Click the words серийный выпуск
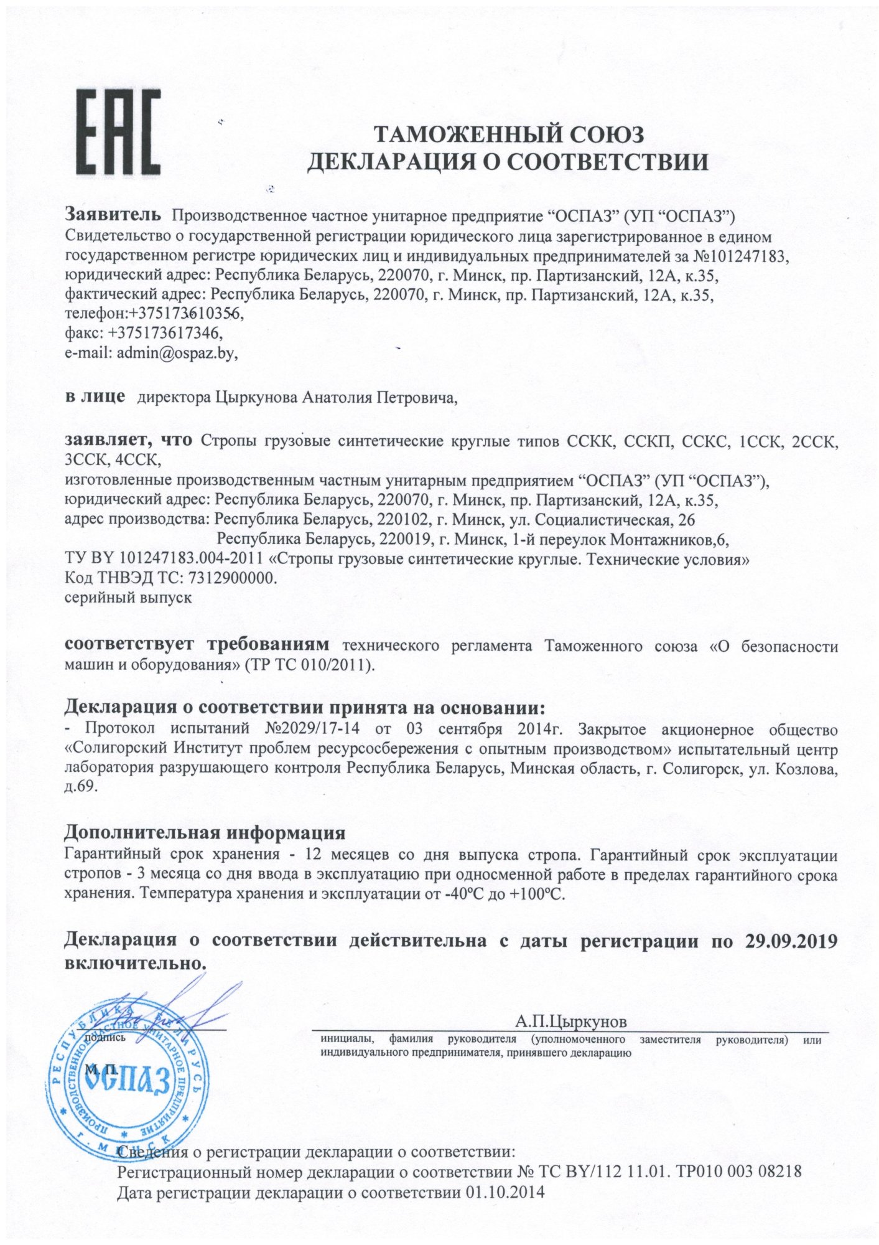(128, 597)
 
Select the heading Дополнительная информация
(205, 832)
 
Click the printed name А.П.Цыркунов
(571, 1022)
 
